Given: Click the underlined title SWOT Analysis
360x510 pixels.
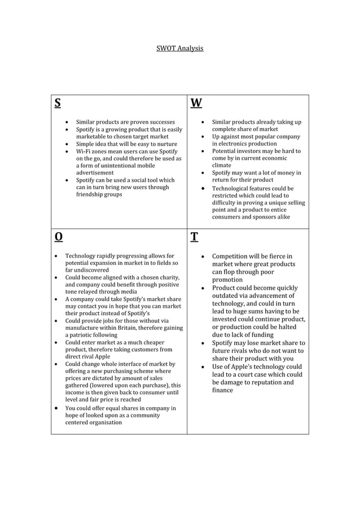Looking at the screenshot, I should [x=179, y=49].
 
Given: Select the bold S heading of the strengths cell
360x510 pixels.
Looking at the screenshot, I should [x=58, y=103].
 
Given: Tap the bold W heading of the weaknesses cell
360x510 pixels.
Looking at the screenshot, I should [x=196, y=103].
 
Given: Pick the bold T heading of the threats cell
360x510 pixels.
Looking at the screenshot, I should [x=194, y=236].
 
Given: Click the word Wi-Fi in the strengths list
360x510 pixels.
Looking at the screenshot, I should [x=85, y=151].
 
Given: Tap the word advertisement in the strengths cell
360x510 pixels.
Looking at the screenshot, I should [x=95, y=173].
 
